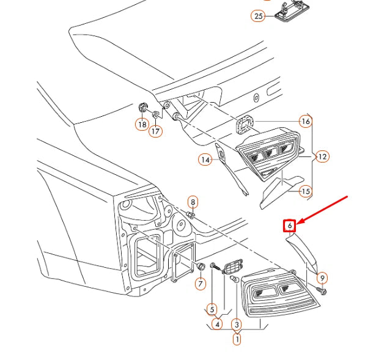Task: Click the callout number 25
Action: coord(258,16)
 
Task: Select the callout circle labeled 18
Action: coord(142,125)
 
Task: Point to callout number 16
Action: coord(305,122)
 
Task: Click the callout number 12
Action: coord(322,156)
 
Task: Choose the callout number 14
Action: coord(205,160)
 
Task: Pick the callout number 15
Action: coord(305,192)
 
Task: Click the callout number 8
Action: coord(193,202)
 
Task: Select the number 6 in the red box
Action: coord(290,226)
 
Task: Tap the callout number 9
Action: coord(322,278)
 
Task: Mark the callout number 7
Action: coord(200,284)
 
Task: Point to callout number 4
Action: coord(216,324)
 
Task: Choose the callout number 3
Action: coord(237,324)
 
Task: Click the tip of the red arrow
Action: coord(299,222)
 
